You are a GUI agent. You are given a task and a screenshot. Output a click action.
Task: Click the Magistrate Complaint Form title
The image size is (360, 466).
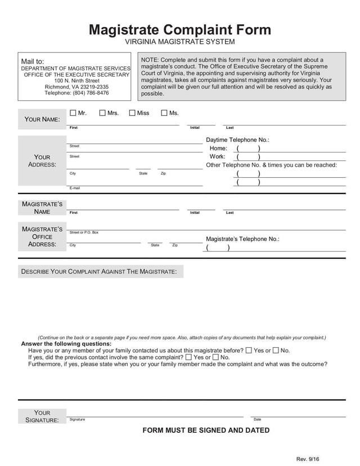[x=179, y=30]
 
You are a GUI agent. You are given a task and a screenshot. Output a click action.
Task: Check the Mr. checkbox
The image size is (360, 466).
[x=73, y=113]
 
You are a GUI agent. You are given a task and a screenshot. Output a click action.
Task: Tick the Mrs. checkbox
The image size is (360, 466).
[x=102, y=113]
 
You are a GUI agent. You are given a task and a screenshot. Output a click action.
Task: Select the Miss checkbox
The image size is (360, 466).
[x=132, y=113]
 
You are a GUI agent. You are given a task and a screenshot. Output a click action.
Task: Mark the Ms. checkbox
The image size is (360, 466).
[x=164, y=113]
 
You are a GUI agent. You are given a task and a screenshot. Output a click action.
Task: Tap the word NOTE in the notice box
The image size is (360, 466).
[x=149, y=60]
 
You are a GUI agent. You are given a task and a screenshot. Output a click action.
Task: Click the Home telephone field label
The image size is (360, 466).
[x=218, y=149]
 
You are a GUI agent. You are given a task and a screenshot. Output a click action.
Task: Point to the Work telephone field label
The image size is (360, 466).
[x=217, y=157]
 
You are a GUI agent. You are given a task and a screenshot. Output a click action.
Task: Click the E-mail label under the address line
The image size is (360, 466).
[x=74, y=188]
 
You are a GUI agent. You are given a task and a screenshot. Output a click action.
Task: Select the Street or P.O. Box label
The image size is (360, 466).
[x=84, y=232]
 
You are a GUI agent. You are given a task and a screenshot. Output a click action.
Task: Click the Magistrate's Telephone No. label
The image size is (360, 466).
[x=242, y=239]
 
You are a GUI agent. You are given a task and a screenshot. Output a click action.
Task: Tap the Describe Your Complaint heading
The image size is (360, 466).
[x=99, y=272]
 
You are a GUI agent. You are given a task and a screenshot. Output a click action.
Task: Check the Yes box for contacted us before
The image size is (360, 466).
[x=249, y=350]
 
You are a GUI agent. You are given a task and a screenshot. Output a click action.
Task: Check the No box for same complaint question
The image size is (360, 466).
[x=217, y=357]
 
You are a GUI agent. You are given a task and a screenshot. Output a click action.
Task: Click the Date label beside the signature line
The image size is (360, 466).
[x=257, y=419]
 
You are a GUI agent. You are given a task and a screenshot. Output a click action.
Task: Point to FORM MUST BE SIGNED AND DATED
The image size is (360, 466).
[x=206, y=431]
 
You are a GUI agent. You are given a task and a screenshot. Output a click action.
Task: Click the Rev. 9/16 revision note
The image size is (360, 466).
[x=308, y=459]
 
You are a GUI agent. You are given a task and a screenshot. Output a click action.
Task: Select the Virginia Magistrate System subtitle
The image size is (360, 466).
[x=179, y=42]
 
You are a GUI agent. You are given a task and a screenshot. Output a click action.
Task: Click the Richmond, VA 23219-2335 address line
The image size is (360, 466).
[x=76, y=87]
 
